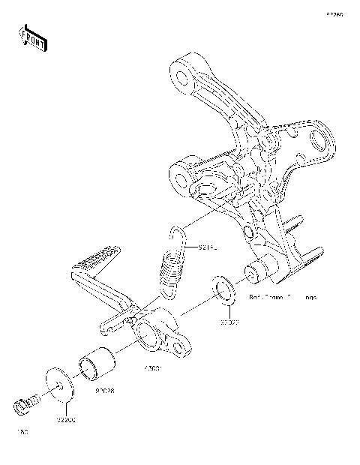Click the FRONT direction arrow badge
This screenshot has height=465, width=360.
32,38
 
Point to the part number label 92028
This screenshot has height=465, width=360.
104,390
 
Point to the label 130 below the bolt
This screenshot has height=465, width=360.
21,433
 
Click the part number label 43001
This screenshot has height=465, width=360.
153,368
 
